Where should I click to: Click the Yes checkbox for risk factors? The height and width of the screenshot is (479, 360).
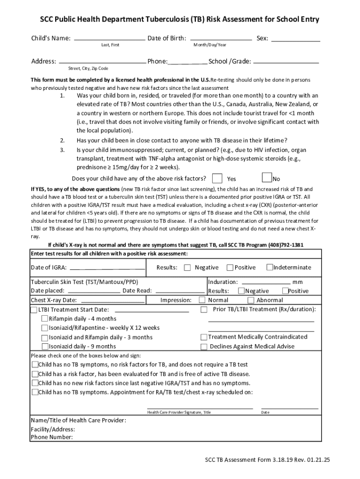pos(217,178)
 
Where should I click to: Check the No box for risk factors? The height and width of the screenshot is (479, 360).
pos(266,177)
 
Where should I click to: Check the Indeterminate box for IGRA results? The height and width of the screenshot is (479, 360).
pos(270,267)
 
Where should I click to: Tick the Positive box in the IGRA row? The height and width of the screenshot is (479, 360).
pos(230,268)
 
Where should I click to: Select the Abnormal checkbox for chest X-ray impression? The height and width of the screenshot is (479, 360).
pos(251,300)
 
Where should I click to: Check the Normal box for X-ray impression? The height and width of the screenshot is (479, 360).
pos(202,300)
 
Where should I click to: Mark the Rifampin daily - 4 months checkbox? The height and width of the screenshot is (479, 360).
pos(45,319)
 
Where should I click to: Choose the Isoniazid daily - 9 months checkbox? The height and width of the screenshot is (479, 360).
pos(45,347)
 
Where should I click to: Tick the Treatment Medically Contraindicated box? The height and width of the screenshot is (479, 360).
pos(204,337)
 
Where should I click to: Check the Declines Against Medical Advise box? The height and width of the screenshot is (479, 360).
pos(204,347)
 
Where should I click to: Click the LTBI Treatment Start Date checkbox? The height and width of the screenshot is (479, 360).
pos(34,310)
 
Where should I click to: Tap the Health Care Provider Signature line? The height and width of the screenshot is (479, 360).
pos(200,408)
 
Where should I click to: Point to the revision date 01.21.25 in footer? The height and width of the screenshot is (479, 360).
pos(319,460)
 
